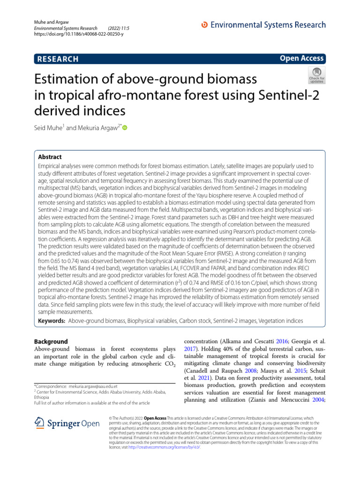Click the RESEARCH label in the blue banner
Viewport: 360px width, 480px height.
click(57, 59)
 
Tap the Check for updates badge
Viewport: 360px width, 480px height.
click(316, 75)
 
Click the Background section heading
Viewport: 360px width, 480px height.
click(52, 342)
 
